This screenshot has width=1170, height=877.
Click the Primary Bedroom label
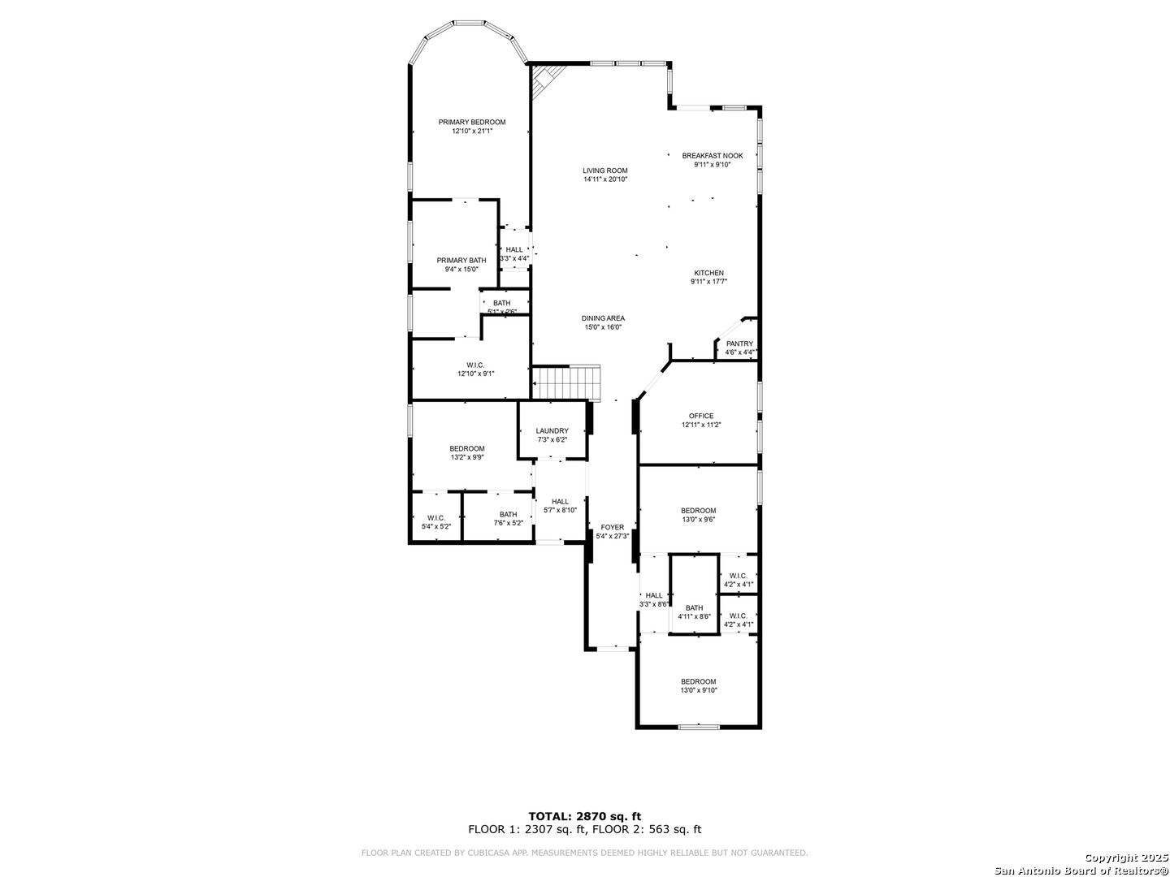(x=471, y=123)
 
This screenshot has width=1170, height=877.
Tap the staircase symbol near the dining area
(x=566, y=382)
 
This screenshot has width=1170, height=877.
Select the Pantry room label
(x=739, y=343)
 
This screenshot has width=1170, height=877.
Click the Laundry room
(x=552, y=434)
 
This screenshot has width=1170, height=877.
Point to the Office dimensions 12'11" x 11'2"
(x=701, y=425)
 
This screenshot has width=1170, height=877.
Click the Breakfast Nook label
(x=712, y=155)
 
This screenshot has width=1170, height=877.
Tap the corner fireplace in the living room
(x=544, y=80)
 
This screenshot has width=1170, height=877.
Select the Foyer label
(x=612, y=527)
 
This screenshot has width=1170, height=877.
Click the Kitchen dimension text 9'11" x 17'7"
(x=708, y=282)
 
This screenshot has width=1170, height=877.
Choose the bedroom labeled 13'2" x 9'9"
(x=467, y=452)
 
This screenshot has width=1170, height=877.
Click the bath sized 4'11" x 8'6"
(x=694, y=611)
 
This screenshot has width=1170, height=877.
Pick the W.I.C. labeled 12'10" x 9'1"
(x=475, y=369)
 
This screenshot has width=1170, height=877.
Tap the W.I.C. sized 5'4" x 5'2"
(x=435, y=522)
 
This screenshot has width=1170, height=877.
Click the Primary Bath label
(x=461, y=261)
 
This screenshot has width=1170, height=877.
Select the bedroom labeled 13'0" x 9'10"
(x=699, y=685)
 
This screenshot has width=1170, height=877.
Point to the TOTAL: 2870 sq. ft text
(x=584, y=816)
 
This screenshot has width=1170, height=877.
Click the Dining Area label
(x=603, y=318)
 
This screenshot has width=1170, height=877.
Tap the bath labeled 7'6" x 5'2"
(x=508, y=518)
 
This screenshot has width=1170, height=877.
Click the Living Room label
(x=605, y=171)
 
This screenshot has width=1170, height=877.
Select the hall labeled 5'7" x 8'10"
(x=560, y=505)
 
